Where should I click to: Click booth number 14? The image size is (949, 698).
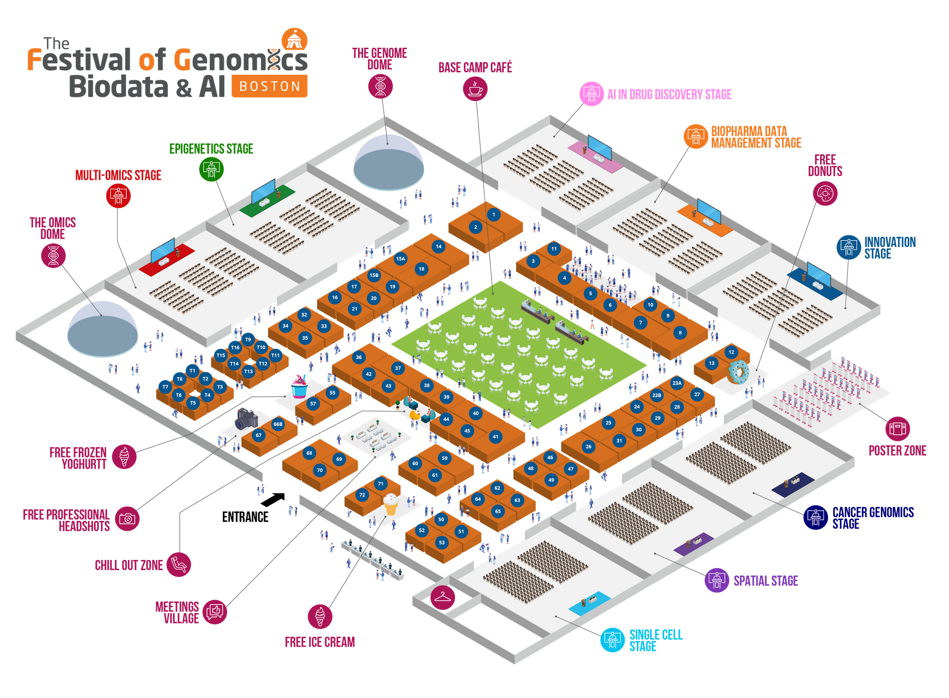[438, 246]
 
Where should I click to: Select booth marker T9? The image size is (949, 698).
[248, 339]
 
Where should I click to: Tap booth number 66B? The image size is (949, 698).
[278, 424]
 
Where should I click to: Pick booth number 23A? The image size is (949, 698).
[677, 383]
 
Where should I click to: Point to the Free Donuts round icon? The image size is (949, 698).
[825, 193]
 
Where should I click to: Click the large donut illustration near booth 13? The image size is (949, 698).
[738, 372]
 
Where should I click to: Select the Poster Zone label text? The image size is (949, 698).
[898, 451]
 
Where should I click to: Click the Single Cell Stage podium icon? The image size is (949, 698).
[613, 640]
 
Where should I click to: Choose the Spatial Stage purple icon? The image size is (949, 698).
[717, 580]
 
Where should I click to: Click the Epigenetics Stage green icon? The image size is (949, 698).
[211, 169]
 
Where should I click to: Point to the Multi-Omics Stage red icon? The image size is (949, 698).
[119, 196]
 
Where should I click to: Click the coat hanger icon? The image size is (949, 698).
[443, 597]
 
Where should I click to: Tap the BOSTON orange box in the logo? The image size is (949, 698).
[270, 87]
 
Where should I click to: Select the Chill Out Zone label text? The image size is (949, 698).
[129, 565]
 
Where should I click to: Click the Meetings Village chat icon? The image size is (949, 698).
[215, 612]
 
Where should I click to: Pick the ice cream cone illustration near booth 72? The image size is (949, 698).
[391, 504]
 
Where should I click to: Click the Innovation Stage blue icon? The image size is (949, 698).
[849, 247]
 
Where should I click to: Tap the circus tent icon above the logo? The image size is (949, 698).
[294, 40]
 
